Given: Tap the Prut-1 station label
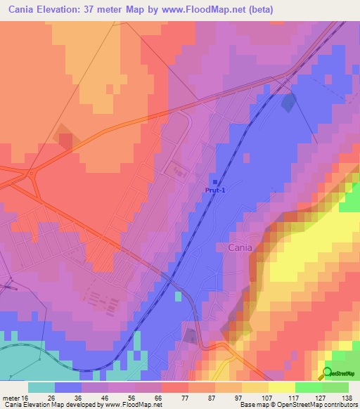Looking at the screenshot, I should pyautogui.click(x=215, y=190).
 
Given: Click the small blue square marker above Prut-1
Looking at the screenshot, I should pyautogui.click(x=214, y=181).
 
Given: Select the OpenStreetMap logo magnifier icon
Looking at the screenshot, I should pyautogui.click(x=328, y=373).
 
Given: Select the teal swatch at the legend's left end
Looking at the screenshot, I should pyautogui.click(x=41, y=387).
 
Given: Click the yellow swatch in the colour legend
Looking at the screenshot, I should pyautogui.click(x=282, y=387).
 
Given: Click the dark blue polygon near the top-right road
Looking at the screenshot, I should pyautogui.click(x=288, y=103).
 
